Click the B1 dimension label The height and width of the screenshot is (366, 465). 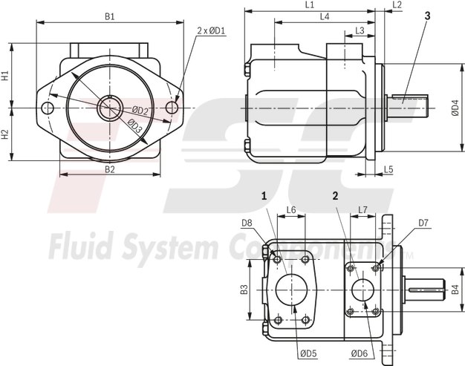(x=109, y=16)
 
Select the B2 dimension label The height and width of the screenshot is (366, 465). (x=109, y=169)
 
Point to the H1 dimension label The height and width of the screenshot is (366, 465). (x=5, y=76)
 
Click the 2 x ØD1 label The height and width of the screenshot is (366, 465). (x=212, y=30)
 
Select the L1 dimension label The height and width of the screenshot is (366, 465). (x=309, y=5)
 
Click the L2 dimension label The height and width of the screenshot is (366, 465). (x=397, y=5)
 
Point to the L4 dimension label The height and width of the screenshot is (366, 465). (x=324, y=16)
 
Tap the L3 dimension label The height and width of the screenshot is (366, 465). (x=360, y=30)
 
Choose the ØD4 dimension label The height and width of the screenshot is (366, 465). (x=455, y=108)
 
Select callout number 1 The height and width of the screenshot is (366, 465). (x=263, y=196)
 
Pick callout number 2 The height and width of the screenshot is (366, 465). (x=336, y=196)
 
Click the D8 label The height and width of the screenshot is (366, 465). (x=247, y=222)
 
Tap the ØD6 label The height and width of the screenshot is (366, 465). (x=360, y=353)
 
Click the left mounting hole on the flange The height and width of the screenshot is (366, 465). (x=49, y=108)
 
